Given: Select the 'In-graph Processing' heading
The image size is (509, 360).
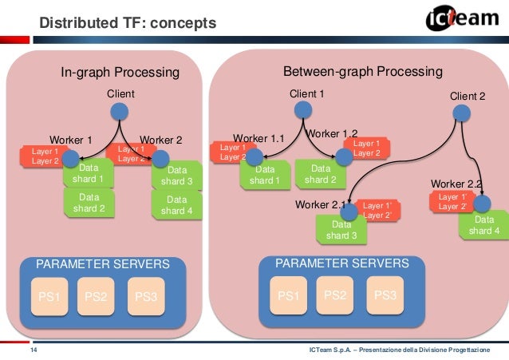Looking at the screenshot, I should [x=120, y=73].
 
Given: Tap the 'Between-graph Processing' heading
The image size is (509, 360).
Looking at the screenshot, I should [x=362, y=72].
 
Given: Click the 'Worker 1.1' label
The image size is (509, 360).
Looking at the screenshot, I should [x=258, y=138].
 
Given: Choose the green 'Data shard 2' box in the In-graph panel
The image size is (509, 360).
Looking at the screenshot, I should [x=89, y=204].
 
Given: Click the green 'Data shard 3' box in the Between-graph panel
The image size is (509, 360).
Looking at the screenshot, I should [x=341, y=231].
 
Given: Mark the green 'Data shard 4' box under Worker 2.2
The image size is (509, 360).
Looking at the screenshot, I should [x=484, y=225].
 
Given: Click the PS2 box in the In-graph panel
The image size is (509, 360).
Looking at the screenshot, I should [x=95, y=297].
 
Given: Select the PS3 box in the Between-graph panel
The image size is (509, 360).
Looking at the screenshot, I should [x=385, y=295].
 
